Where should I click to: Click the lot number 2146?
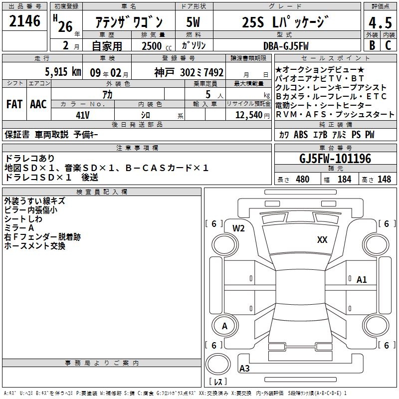click(x=24, y=21)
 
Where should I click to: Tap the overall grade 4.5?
click(x=380, y=22)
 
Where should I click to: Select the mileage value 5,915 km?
click(x=63, y=72)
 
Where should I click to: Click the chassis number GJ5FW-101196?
click(x=335, y=158)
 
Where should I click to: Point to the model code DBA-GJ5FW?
click(x=286, y=46)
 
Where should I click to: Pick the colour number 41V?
click(x=83, y=115)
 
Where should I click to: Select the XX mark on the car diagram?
click(x=322, y=239)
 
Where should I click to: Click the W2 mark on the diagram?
click(x=238, y=228)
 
